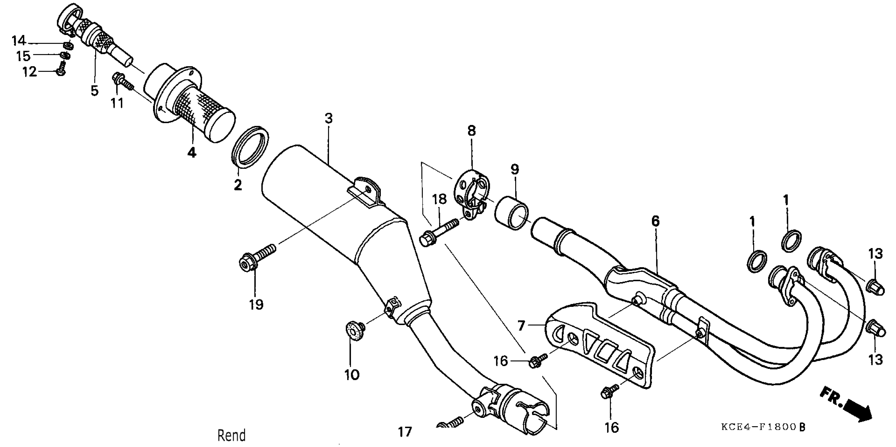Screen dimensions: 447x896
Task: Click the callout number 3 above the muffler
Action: [329, 118]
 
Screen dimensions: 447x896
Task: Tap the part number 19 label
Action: [256, 305]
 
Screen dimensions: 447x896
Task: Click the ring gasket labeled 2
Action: [250, 147]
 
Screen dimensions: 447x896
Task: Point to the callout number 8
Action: [471, 131]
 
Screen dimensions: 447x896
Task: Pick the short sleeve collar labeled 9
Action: [511, 213]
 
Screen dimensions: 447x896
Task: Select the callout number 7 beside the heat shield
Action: [521, 326]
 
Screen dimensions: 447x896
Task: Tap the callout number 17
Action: [405, 432]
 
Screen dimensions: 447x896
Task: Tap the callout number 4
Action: [192, 152]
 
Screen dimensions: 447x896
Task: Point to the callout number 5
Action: [95, 90]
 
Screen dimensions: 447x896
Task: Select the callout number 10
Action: [352, 375]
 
